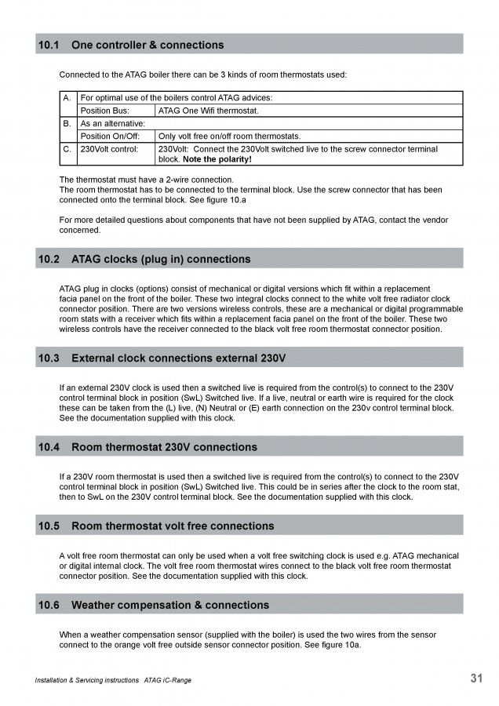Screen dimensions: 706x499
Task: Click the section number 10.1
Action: pyautogui.click(x=48, y=45)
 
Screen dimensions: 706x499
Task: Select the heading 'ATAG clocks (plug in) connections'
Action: pyautogui.click(x=161, y=259)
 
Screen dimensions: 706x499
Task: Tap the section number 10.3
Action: pyautogui.click(x=48, y=358)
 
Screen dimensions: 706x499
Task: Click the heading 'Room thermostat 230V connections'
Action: pyautogui.click(x=164, y=447)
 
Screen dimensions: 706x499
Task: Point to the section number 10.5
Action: pyautogui.click(x=48, y=526)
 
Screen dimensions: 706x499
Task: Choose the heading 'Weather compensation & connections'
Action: pyautogui.click(x=170, y=605)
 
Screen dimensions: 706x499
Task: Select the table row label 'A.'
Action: pyautogui.click(x=67, y=98)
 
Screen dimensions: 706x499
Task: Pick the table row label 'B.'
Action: pyautogui.click(x=67, y=123)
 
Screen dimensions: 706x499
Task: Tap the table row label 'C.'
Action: pyautogui.click(x=67, y=148)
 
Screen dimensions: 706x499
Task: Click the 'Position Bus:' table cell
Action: pyautogui.click(x=106, y=111)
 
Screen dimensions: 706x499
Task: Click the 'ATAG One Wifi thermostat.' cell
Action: pyautogui.click(x=208, y=111)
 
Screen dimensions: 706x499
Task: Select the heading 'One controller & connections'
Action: pyautogui.click(x=147, y=45)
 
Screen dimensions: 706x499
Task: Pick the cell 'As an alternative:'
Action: pyautogui.click(x=113, y=123)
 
